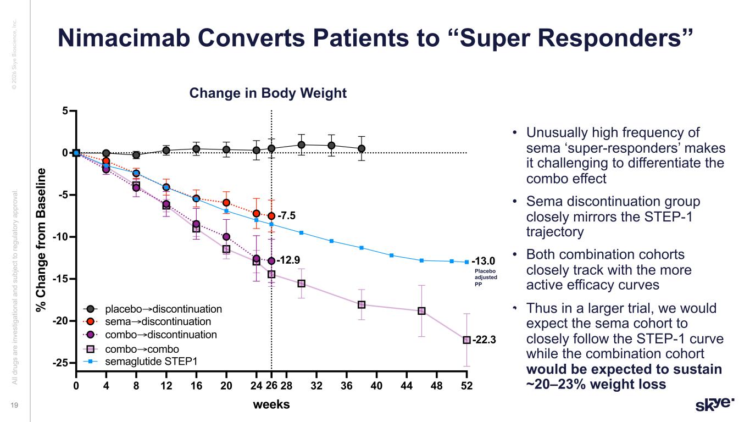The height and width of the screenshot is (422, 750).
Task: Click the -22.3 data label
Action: pos(484,340)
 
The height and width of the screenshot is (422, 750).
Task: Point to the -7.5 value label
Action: pos(286,215)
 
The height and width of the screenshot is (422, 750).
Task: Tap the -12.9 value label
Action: pos(288,259)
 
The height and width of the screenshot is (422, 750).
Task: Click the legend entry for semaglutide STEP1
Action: pos(144,361)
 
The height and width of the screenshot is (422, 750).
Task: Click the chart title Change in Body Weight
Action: pos(268,93)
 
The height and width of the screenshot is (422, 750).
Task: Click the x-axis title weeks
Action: pos(271,404)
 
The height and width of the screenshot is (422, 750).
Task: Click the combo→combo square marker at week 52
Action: pos(466,340)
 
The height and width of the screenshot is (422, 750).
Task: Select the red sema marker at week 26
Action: pos(271,216)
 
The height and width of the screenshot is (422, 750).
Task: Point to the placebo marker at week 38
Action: pos(362,148)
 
